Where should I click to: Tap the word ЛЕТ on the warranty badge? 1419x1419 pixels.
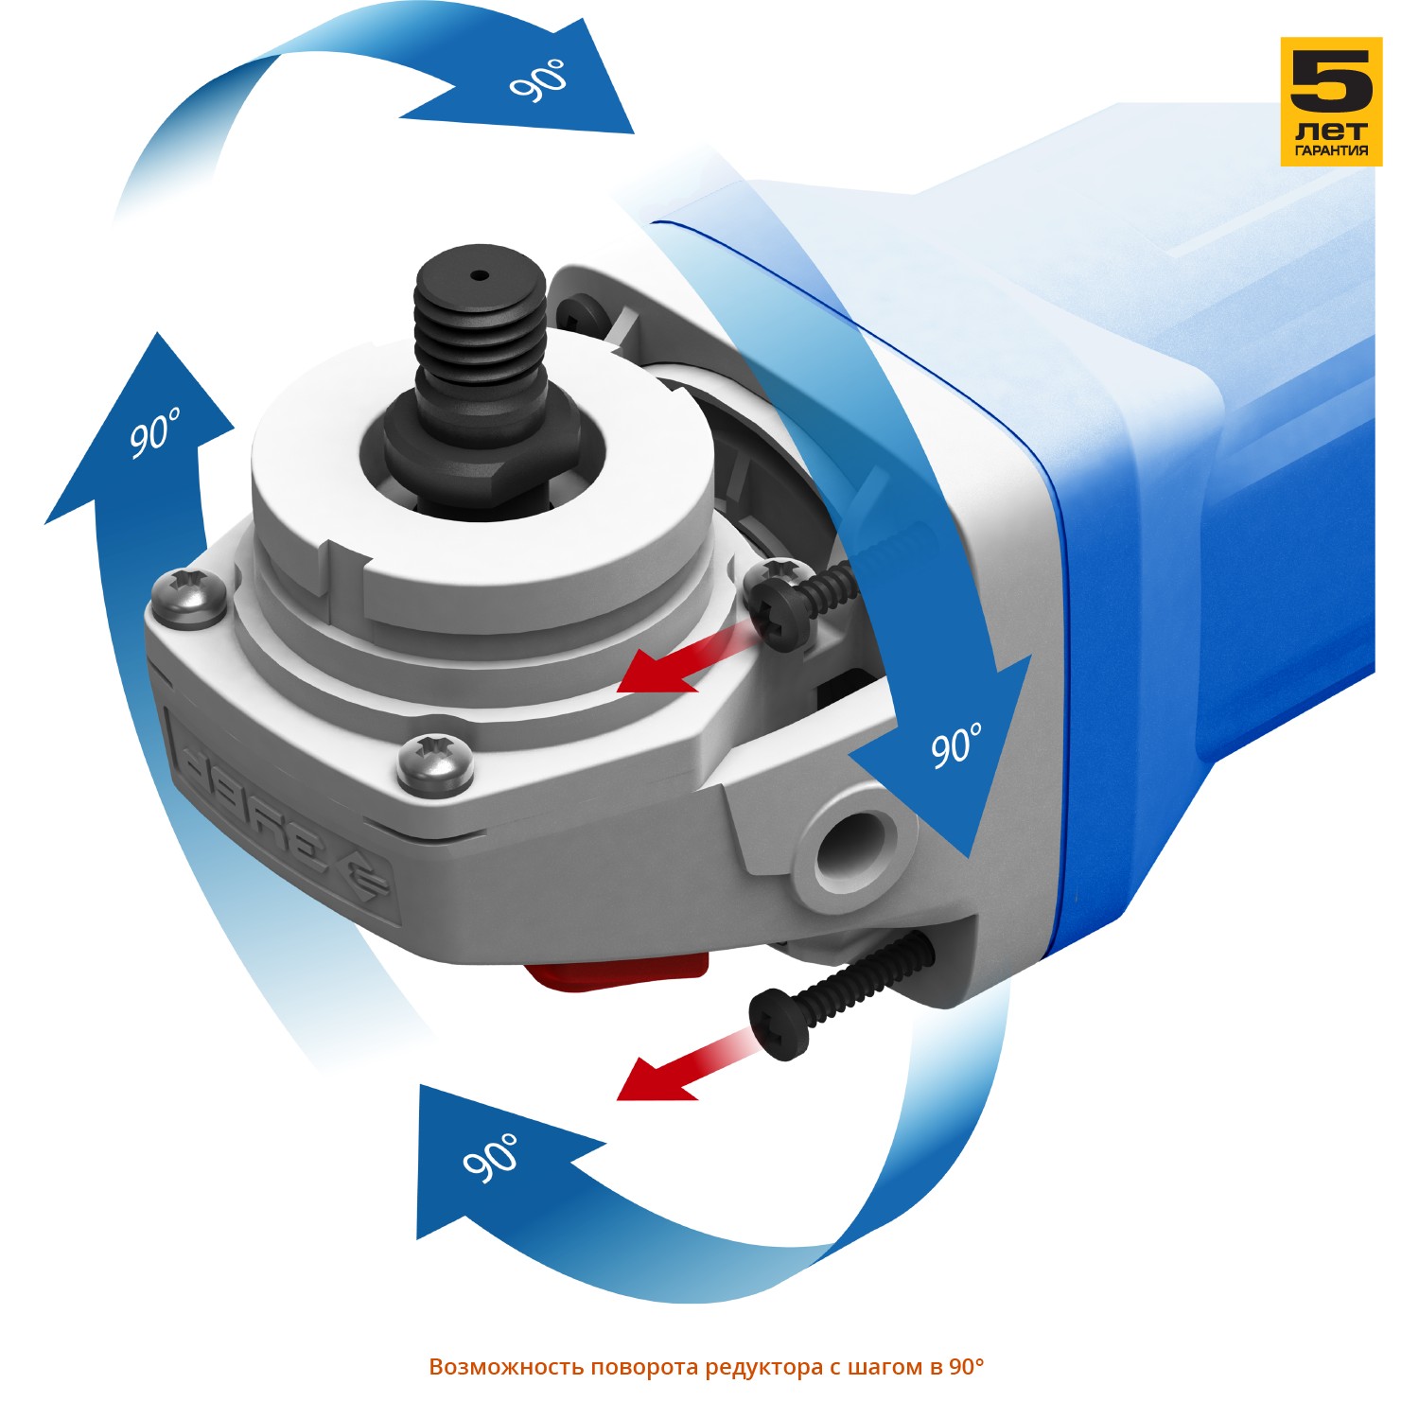coord(1331,131)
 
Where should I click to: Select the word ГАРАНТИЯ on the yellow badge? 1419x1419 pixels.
coord(1331,150)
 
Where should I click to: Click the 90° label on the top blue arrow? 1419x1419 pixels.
coord(539,79)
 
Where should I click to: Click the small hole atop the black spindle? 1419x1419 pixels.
coord(480,276)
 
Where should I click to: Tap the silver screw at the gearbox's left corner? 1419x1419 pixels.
coord(189,596)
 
